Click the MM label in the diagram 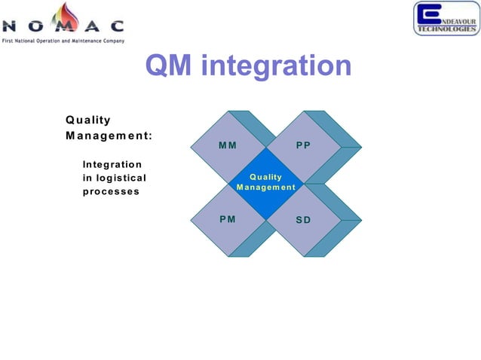point(227,145)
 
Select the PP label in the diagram point(303,145)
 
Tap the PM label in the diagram point(227,219)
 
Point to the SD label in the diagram point(303,221)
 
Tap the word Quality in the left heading point(88,120)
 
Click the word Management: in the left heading point(109,136)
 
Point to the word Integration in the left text point(112,163)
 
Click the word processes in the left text point(111,191)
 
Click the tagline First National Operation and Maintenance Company point(63,39)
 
